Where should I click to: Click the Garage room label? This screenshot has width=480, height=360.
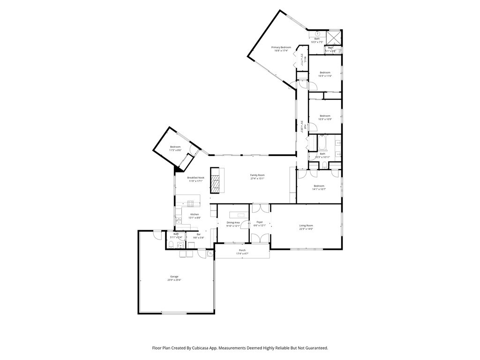(174, 277)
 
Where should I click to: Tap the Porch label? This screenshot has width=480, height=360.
(242, 250)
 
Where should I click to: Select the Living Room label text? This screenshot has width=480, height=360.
(306, 225)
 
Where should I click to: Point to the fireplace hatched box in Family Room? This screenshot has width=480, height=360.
(215, 180)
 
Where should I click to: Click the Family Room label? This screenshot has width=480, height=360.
(257, 175)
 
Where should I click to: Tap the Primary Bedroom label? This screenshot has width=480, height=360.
(281, 47)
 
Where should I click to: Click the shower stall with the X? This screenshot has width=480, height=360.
(334, 37)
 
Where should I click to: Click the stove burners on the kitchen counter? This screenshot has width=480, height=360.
(191, 203)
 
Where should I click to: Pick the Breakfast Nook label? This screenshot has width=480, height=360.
(195, 178)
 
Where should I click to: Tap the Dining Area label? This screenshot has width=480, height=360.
(233, 222)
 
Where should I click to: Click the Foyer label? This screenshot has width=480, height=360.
(259, 222)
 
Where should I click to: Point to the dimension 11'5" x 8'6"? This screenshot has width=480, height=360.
(175, 150)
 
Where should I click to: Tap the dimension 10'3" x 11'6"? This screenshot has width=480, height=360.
(325, 76)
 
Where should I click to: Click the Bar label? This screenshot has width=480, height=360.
(198, 234)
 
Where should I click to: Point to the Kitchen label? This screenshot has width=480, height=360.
(195, 214)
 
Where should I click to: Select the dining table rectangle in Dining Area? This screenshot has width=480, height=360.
(240, 215)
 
